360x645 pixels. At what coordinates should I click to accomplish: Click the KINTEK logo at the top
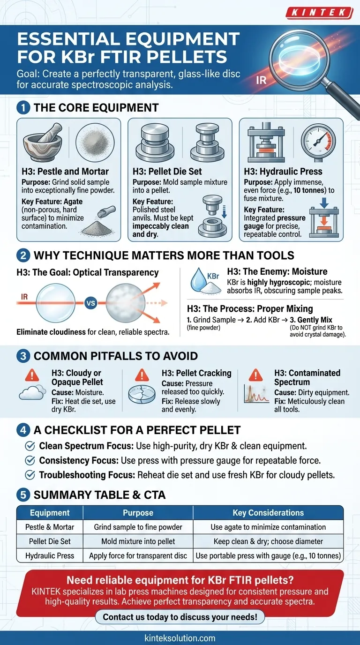tap(320, 13)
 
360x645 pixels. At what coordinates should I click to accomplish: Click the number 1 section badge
tap(23, 108)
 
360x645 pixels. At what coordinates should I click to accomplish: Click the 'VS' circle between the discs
tap(91, 303)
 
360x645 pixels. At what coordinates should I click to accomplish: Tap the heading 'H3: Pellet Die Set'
tap(167, 172)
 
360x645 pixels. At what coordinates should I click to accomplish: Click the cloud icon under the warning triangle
tap(32, 392)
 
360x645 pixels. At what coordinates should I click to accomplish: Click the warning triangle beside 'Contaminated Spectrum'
tap(255, 375)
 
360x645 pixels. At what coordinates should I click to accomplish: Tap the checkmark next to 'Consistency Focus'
tap(30, 460)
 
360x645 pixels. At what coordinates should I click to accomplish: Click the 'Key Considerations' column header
tap(268, 513)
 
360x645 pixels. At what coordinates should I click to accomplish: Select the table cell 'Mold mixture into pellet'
tap(138, 541)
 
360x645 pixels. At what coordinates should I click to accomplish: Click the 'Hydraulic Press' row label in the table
tap(50, 556)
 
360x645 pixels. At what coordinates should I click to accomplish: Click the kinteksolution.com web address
tap(180, 638)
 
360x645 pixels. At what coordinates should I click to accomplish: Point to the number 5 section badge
tap(23, 495)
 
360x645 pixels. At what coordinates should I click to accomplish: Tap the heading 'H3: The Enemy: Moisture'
tap(277, 271)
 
